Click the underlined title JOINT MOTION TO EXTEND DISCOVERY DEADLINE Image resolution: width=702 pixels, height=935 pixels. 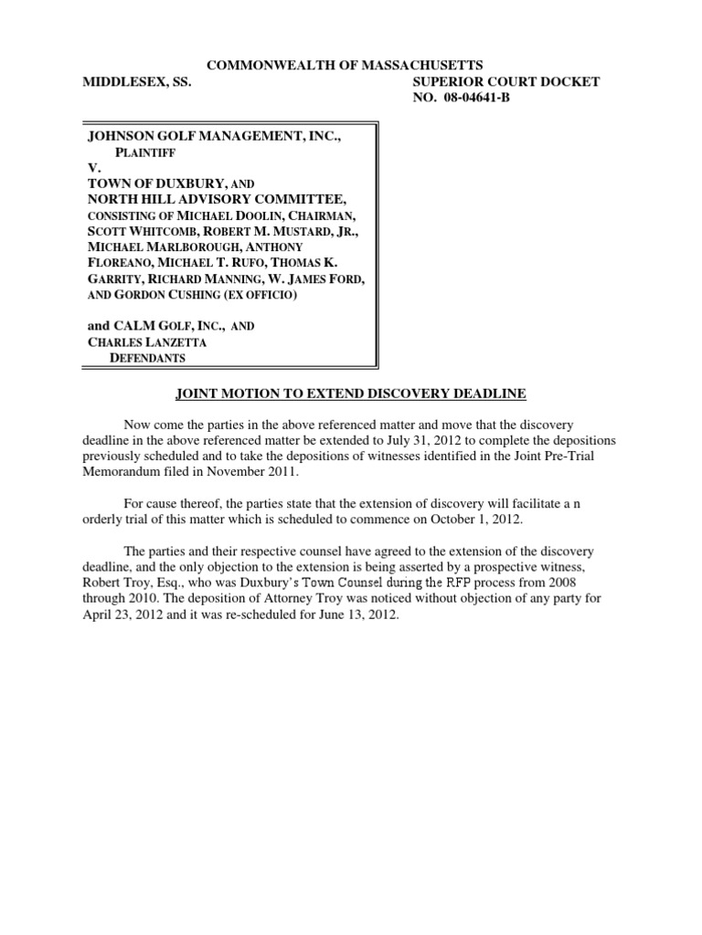coord(350,393)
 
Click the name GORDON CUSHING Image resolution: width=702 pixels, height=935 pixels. coord(184,294)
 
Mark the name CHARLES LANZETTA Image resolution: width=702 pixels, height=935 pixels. coord(146,341)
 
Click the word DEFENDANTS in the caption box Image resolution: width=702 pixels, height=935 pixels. coord(148,358)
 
